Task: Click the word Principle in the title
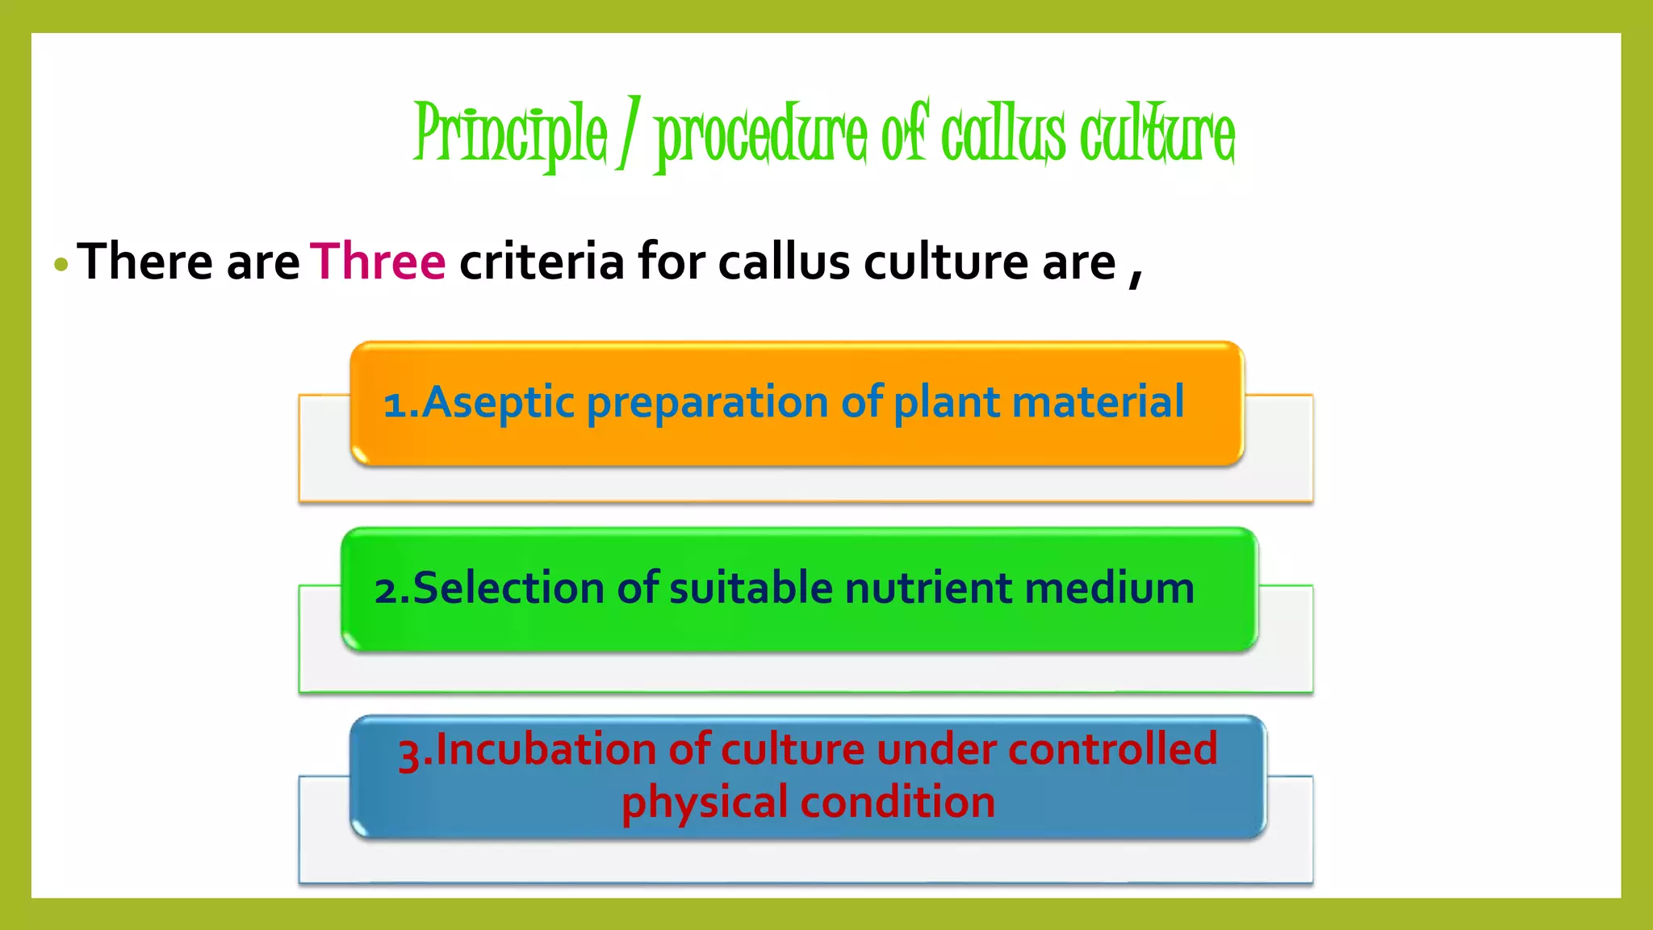tap(510, 134)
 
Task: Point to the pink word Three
tap(378, 262)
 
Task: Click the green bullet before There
tap(61, 265)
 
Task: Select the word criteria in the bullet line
tap(542, 262)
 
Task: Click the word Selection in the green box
tap(508, 587)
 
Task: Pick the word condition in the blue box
tap(898, 802)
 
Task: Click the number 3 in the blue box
tap(409, 754)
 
